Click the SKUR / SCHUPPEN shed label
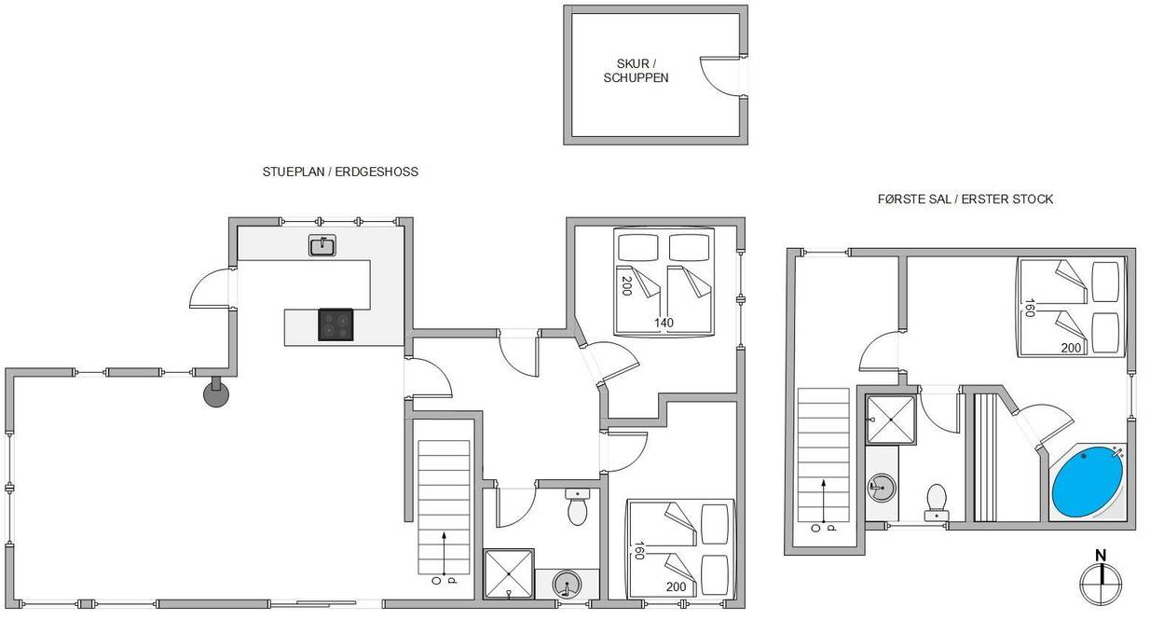636,71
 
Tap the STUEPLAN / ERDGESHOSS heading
340,172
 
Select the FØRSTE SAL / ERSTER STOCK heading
965,199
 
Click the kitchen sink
322,245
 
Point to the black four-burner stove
335,324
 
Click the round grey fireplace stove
216,394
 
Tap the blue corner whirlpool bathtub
1088,482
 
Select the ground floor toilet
578,506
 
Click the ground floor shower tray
509,573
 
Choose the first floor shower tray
891,420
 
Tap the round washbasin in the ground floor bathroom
567,585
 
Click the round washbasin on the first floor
882,486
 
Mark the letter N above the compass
1101,556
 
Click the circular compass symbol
1101,584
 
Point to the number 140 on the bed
664,323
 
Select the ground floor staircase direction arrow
444,552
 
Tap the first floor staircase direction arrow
824,501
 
